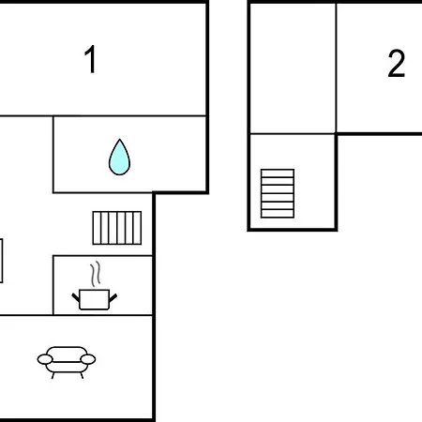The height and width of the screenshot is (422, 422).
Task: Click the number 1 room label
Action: coord(91,59)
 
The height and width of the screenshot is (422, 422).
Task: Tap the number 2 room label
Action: coord(397,63)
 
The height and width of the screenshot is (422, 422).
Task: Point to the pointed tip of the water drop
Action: coord(119,140)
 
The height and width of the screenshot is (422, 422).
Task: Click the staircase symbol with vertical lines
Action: coord(117,228)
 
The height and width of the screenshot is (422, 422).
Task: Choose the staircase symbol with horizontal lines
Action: coord(278,193)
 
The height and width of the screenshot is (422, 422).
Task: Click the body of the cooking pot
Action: coord(94,299)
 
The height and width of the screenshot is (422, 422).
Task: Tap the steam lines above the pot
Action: coord(96,274)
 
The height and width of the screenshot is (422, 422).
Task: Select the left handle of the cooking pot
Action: coord(76,297)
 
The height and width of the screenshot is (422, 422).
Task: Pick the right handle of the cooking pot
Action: coord(113,297)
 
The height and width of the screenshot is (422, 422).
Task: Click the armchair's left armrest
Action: coord(45,359)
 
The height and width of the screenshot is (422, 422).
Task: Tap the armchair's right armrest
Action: coord(88,359)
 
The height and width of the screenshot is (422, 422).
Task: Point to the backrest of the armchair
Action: coord(67,354)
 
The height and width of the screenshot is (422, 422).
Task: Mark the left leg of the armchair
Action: coord(53,375)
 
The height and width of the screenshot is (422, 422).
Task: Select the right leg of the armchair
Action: coord(82,375)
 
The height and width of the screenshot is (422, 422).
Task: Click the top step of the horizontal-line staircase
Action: coord(278,173)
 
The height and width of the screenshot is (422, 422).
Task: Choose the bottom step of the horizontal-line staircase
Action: coord(278,214)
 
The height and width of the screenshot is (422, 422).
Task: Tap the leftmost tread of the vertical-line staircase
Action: coord(97,228)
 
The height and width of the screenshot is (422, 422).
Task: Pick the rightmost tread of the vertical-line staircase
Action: coord(137,228)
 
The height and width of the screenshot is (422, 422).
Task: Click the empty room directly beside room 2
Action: coord(293,68)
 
